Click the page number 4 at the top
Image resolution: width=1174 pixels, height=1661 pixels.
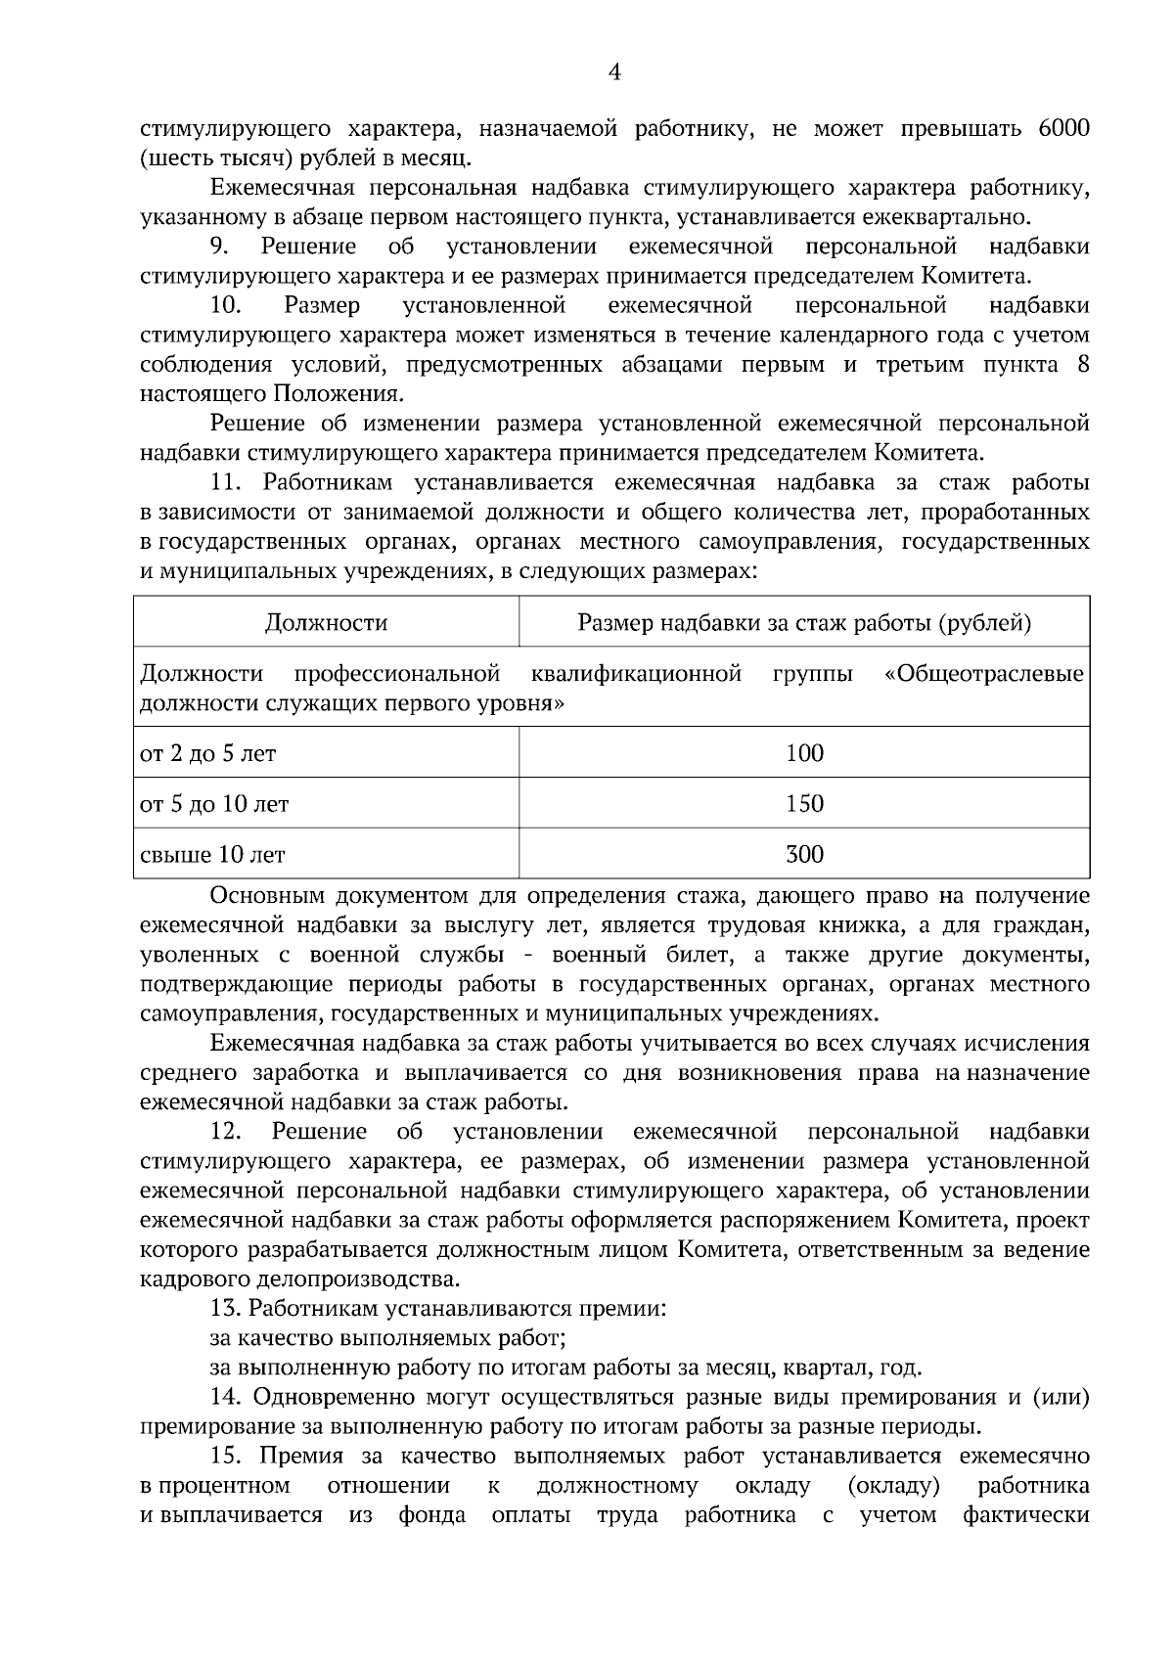tap(614, 71)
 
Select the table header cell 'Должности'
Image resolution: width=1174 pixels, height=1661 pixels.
tap(326, 622)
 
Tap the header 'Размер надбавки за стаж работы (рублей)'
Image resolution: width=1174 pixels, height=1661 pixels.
tap(804, 622)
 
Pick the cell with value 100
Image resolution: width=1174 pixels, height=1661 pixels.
tap(804, 752)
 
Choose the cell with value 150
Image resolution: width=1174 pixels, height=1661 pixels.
tap(804, 803)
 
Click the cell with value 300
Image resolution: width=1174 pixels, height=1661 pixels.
tap(804, 854)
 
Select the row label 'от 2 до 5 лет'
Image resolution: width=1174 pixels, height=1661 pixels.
tap(208, 753)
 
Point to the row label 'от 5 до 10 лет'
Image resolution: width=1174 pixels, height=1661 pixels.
tap(215, 804)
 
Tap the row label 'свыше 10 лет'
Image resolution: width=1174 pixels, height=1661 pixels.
tap(213, 855)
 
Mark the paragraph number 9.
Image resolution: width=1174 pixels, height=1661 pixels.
tap(218, 247)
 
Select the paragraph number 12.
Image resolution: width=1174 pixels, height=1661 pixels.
tap(225, 1132)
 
